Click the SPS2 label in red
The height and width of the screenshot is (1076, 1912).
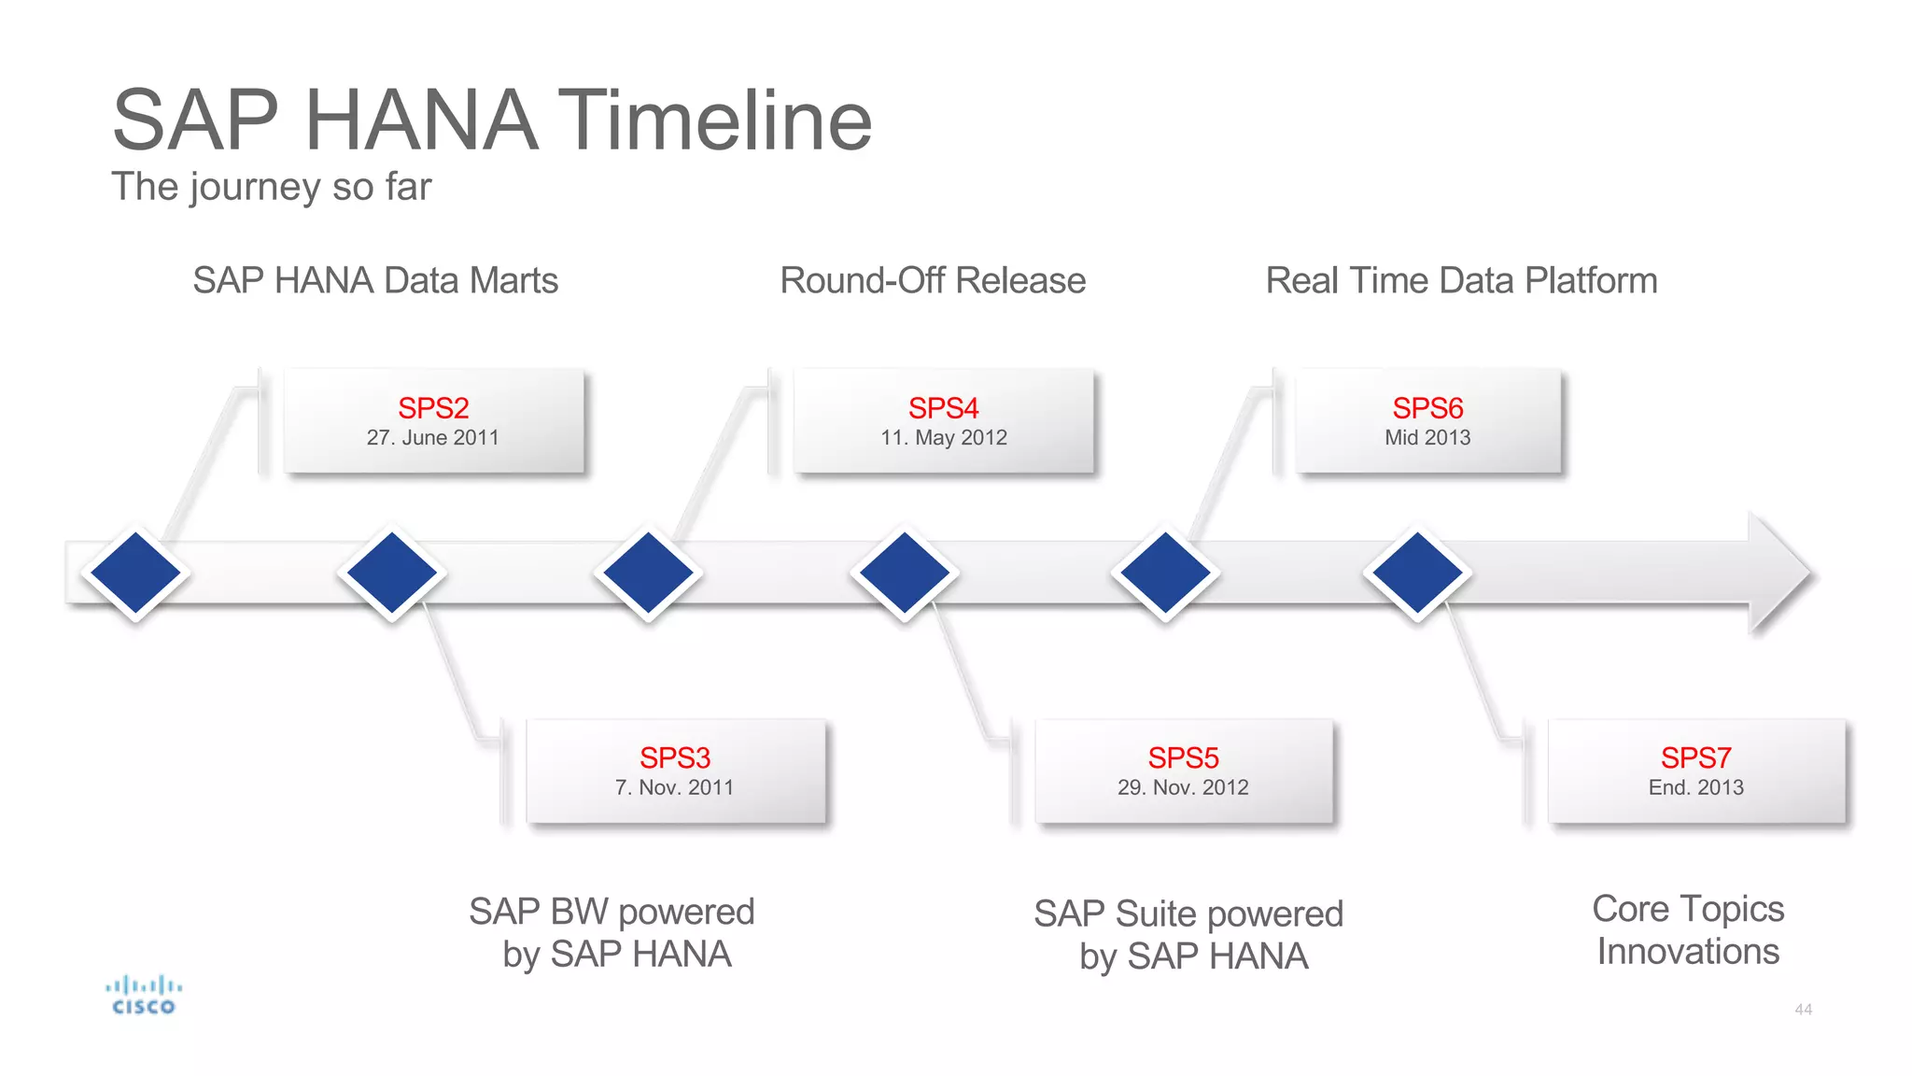(433, 408)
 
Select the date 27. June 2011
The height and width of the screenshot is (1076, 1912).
(433, 438)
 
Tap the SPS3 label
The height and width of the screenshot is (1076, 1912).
(675, 757)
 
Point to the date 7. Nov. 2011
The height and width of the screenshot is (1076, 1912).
(675, 787)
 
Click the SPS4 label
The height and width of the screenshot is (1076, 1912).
(943, 408)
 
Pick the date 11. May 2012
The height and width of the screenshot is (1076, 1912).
(943, 438)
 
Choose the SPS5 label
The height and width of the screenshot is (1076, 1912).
(1183, 757)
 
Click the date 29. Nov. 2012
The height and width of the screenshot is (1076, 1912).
(1183, 787)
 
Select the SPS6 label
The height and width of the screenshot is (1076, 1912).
(1427, 408)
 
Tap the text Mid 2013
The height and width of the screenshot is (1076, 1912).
(1427, 438)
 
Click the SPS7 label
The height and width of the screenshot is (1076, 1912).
(1695, 757)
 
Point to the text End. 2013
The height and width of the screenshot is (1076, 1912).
(1695, 787)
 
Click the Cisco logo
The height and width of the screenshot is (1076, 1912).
(144, 996)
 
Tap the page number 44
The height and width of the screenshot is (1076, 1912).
(1803, 1010)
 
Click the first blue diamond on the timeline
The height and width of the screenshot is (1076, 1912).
(136, 573)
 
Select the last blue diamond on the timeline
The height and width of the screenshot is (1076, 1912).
(1417, 573)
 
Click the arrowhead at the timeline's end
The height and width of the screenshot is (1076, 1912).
(1778, 573)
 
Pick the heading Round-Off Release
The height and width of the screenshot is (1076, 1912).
(933, 280)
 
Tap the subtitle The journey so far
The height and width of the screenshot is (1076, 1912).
(271, 187)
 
